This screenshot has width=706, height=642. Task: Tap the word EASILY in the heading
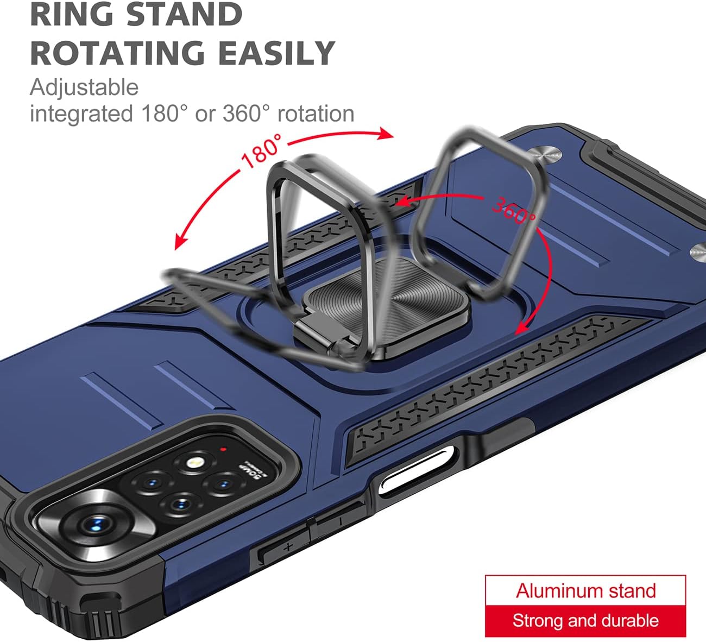(x=276, y=53)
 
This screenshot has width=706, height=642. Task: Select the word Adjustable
(x=84, y=87)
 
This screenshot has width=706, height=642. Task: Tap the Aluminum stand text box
(x=585, y=591)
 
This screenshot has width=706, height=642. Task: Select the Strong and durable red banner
(x=585, y=621)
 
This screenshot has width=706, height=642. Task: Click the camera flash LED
(x=193, y=463)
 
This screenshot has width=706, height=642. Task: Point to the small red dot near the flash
(x=223, y=449)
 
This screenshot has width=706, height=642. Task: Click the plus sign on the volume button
(x=288, y=547)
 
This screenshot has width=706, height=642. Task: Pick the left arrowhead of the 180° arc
(x=180, y=241)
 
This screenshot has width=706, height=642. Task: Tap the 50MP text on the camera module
(x=252, y=470)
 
